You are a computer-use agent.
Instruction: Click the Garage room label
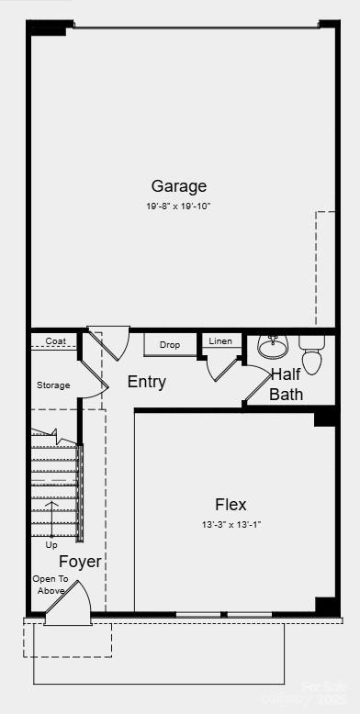click(178, 186)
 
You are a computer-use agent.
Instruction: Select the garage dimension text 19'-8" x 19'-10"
click(178, 206)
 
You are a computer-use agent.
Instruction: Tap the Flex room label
click(231, 504)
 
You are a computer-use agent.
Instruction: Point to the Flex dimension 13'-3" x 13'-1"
click(231, 524)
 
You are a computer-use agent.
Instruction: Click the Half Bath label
click(286, 385)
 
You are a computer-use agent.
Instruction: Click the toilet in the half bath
click(312, 352)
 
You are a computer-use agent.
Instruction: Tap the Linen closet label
click(220, 341)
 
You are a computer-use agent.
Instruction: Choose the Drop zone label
click(170, 345)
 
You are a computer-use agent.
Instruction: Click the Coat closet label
click(55, 341)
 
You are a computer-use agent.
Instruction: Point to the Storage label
click(53, 385)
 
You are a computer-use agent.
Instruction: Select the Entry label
click(147, 382)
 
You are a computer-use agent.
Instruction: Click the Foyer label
click(81, 562)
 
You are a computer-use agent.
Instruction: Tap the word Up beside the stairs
click(51, 544)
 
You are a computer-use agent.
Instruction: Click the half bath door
click(256, 384)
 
